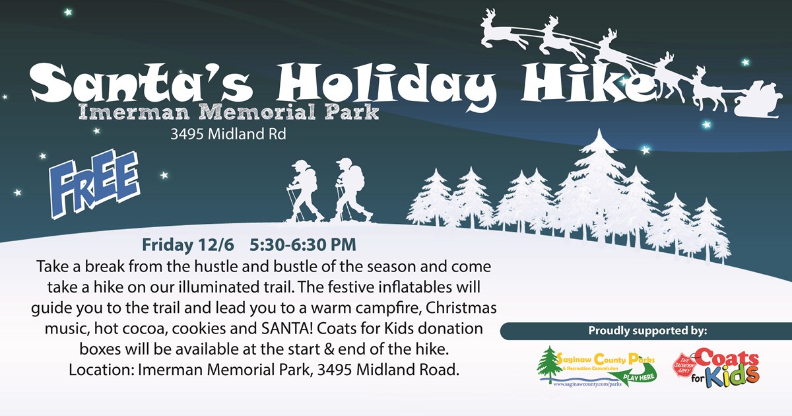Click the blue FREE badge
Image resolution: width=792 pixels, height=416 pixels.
coord(95,184)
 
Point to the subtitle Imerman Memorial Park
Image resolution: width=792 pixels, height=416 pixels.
coord(229,112)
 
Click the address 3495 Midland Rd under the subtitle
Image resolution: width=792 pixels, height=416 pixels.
coord(228,134)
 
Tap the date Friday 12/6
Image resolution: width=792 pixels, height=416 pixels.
coord(187,245)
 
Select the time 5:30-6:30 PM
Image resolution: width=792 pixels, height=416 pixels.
coord(303,245)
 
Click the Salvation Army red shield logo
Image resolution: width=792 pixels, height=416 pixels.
coord(684,364)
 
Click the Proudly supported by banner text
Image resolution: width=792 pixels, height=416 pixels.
coord(647,331)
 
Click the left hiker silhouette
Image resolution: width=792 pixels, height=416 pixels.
coord(304,191)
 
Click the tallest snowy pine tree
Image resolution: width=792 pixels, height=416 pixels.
coord(598,188)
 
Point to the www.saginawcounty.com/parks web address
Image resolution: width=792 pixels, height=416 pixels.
coord(587,384)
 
